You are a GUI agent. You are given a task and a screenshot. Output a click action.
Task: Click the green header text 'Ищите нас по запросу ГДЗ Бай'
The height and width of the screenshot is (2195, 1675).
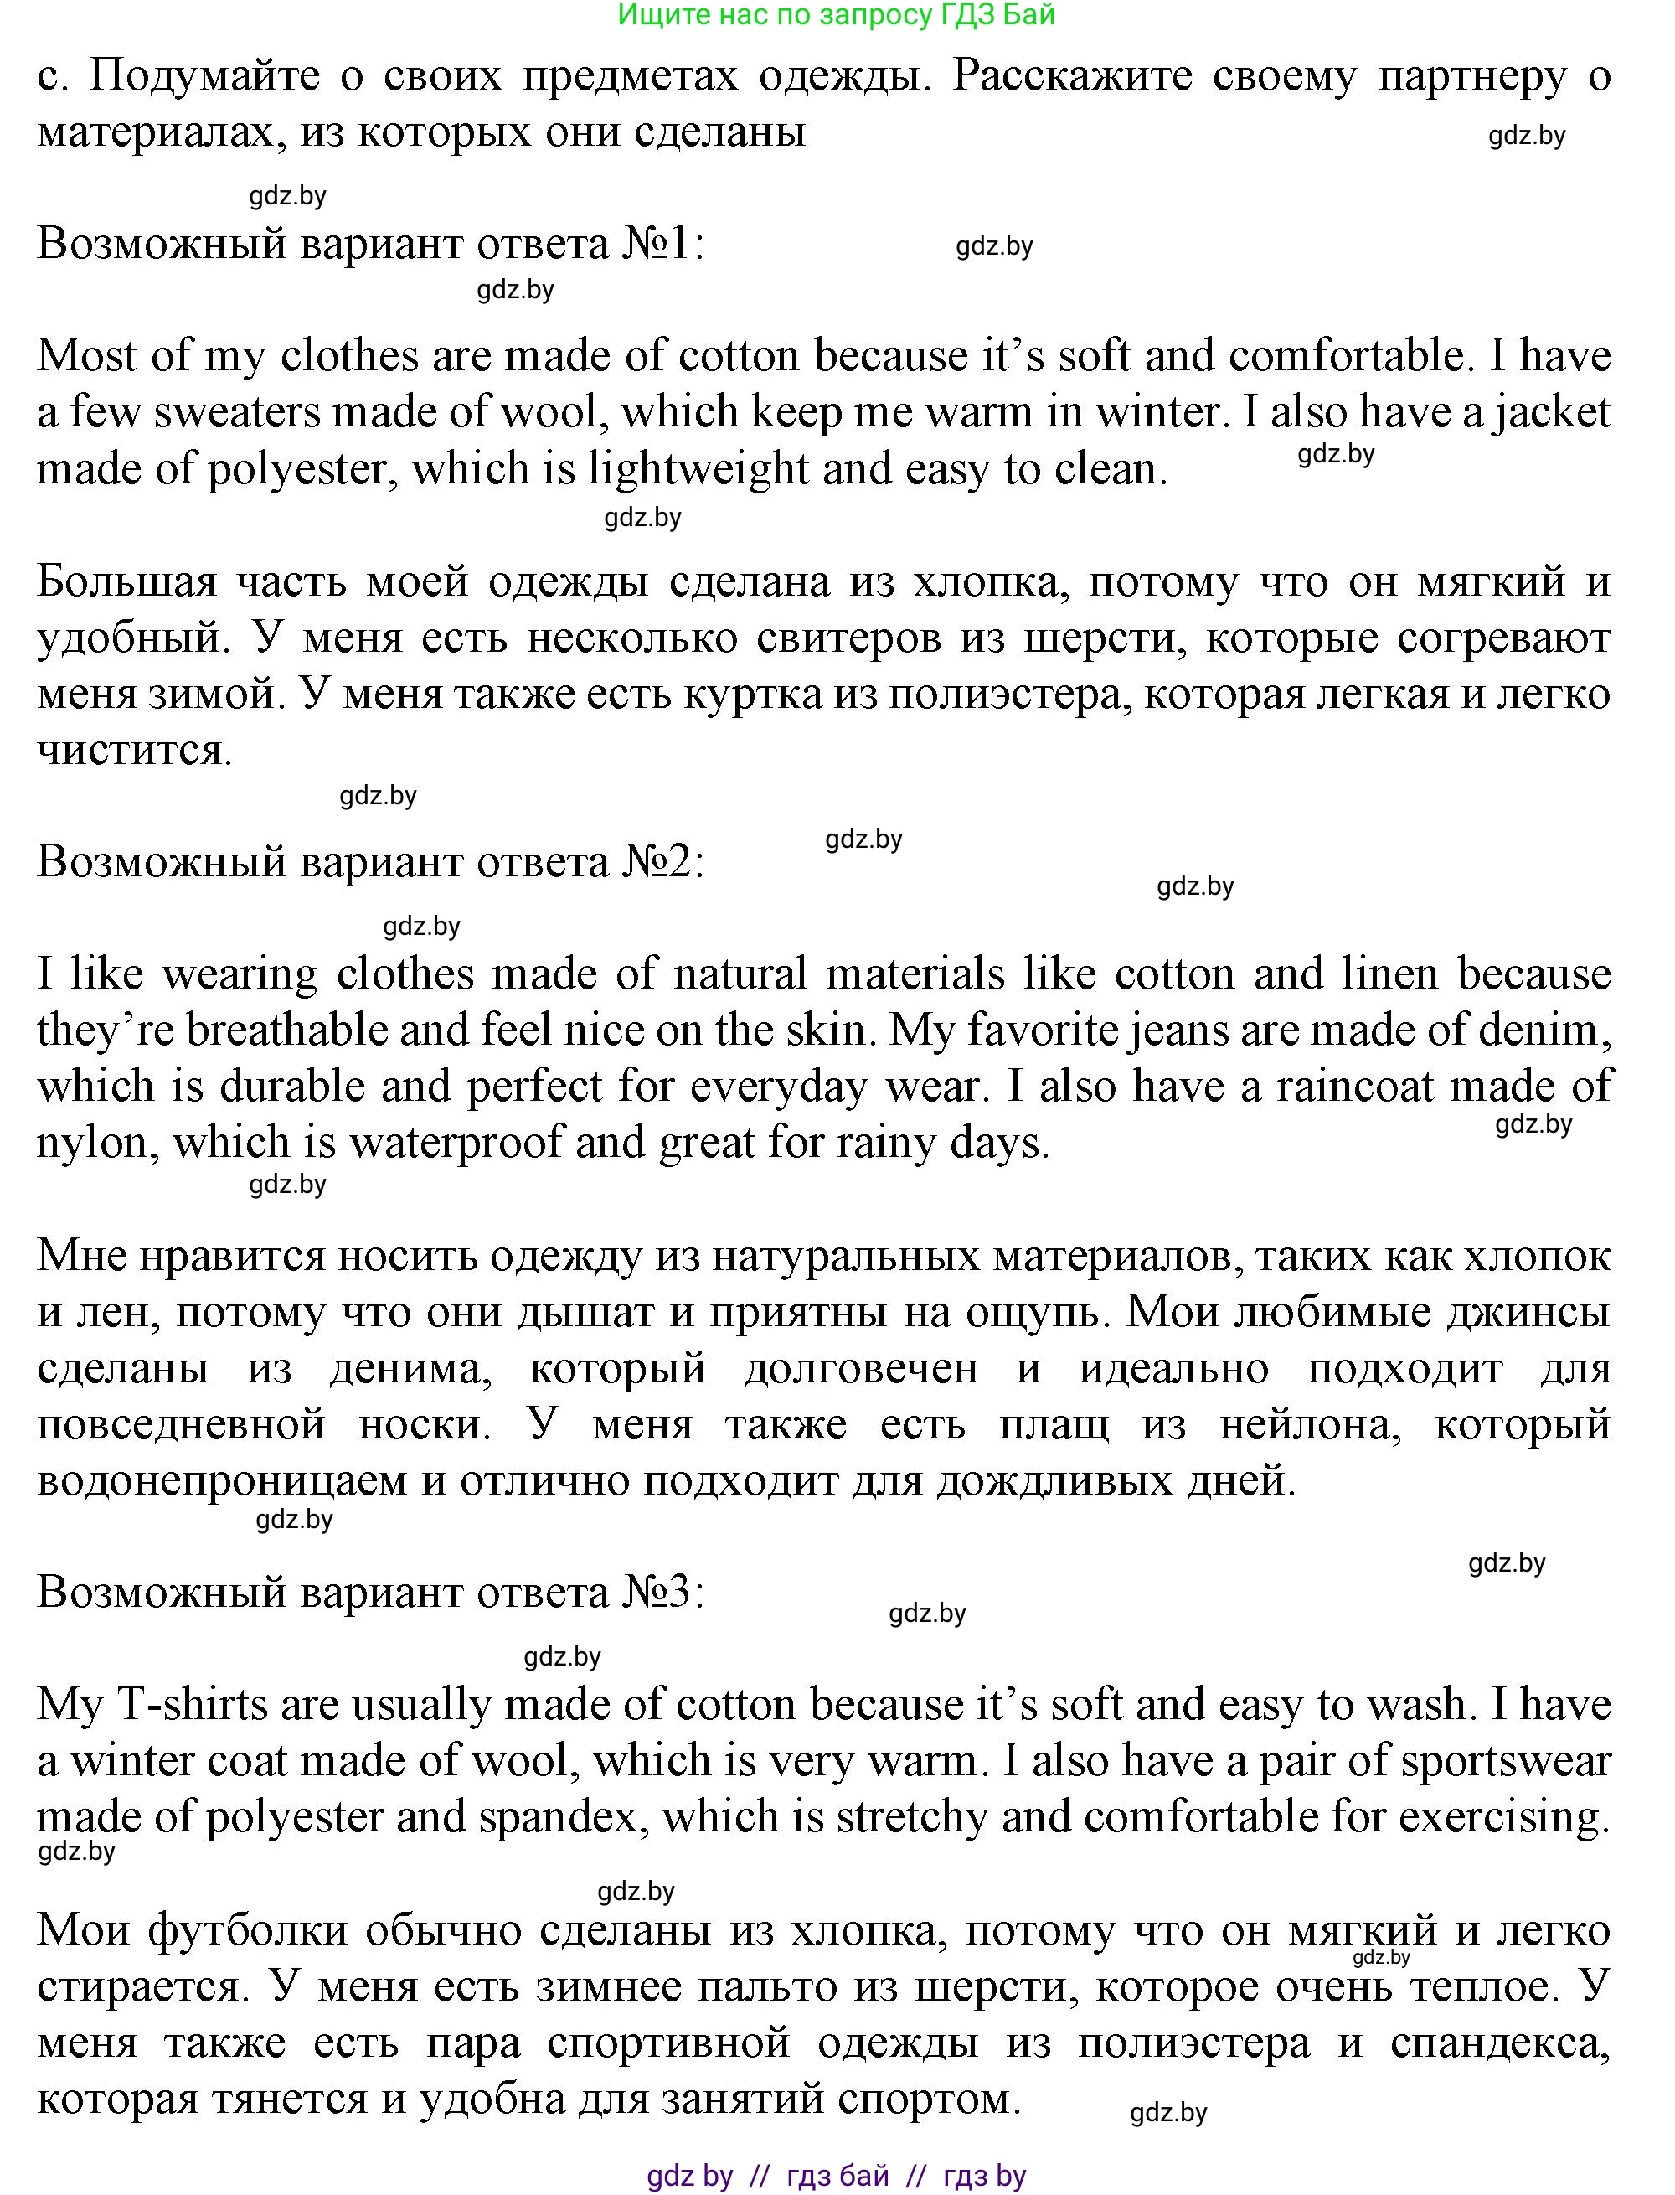pos(836,15)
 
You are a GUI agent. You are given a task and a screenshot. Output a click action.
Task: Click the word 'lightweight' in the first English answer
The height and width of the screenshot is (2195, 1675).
pos(697,468)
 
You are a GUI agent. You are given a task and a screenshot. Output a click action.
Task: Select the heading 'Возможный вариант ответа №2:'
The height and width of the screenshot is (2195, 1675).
pos(371,861)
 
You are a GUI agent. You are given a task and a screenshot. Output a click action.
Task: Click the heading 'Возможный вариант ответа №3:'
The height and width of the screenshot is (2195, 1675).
pos(371,1592)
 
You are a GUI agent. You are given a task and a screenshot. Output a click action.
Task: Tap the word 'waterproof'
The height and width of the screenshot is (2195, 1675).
pos(455,1143)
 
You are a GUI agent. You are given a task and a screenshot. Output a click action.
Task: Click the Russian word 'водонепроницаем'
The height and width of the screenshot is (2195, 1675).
pos(221,1481)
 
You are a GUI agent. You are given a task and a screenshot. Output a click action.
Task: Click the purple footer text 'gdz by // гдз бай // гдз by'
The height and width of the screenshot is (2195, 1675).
pos(836,2175)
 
